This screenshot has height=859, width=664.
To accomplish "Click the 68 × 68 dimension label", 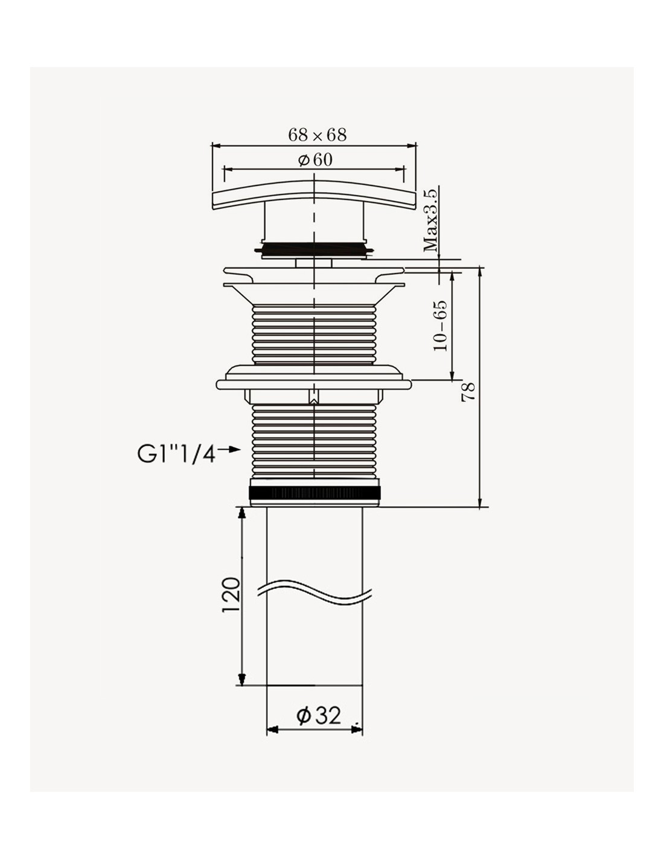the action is point(317,135).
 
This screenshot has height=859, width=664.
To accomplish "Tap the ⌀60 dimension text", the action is point(315,159).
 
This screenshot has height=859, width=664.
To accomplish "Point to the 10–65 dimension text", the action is point(441,326).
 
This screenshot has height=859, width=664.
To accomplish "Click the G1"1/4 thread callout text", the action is point(177,454).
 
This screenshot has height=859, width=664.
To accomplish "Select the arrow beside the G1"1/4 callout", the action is point(229,449).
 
